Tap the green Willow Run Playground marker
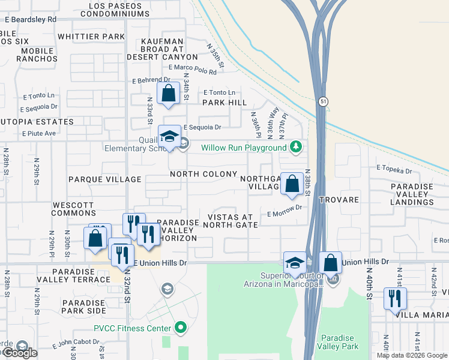pos(295,146)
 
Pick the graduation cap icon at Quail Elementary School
pos(169,137)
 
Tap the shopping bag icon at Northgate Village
pos(292,184)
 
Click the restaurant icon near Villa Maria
pos(395,298)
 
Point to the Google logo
pos(19,353)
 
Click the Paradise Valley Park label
pos(339,342)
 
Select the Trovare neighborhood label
pos(339,200)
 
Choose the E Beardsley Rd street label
pos(30,19)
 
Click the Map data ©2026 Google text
pos(411,355)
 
